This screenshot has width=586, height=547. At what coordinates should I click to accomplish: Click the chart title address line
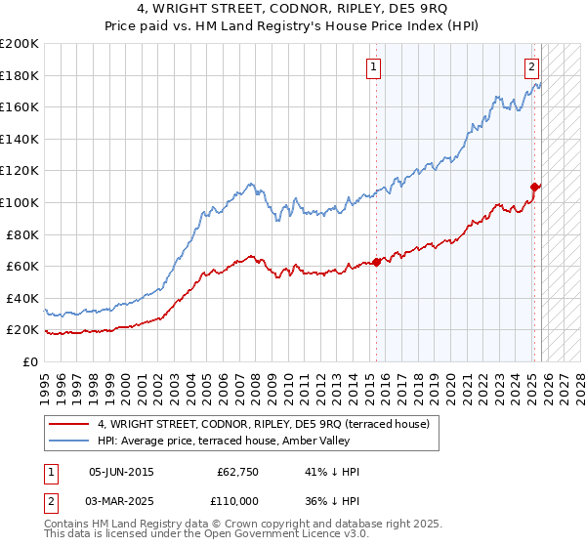click(293, 9)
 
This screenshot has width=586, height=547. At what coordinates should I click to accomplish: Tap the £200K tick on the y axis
click(20, 44)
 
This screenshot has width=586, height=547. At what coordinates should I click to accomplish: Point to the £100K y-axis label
click(20, 202)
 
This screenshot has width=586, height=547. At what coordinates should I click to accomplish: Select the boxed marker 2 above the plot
click(531, 67)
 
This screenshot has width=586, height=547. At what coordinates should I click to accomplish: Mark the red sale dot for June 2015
click(377, 262)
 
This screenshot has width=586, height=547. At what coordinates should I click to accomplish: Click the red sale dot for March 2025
click(534, 187)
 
